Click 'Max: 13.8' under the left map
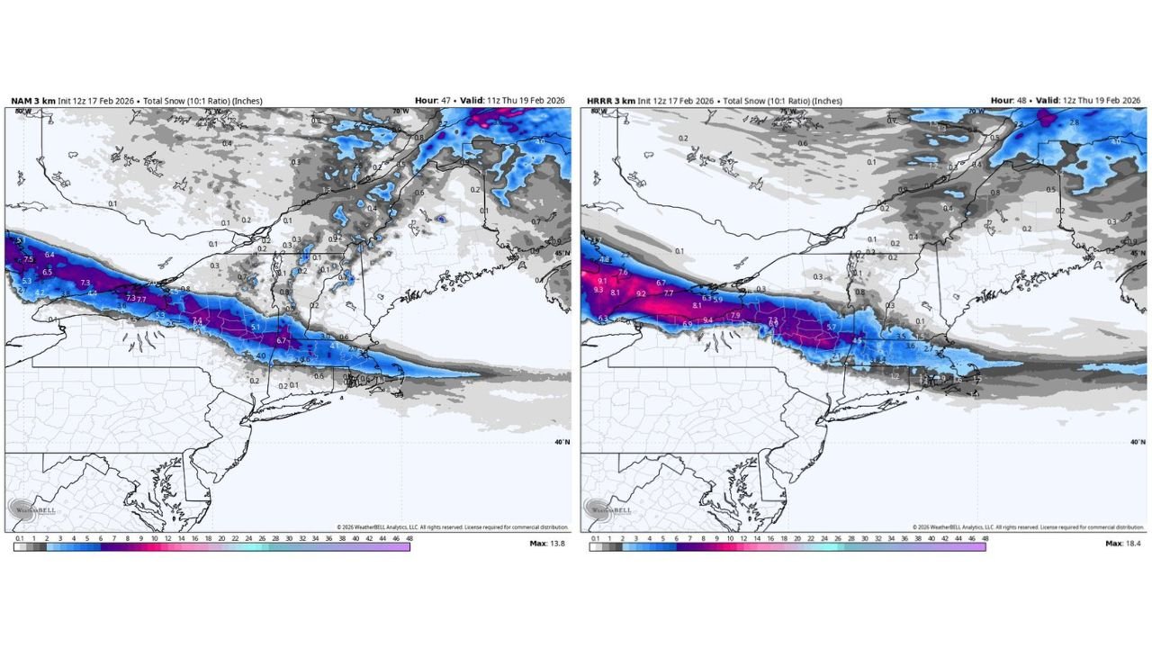(x=548, y=544)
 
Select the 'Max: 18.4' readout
(x=1124, y=544)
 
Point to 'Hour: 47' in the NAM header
(x=432, y=101)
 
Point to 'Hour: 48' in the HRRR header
(x=1008, y=101)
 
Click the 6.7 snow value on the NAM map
(x=281, y=341)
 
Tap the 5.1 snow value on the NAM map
(x=256, y=327)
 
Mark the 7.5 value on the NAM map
(x=28, y=259)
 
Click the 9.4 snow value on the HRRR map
(x=708, y=319)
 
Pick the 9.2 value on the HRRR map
(x=641, y=293)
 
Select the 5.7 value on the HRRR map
(x=832, y=327)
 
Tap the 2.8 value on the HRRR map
(x=1074, y=121)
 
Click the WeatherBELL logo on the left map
(x=31, y=509)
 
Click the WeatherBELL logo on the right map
(x=607, y=509)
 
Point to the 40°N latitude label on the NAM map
(x=560, y=442)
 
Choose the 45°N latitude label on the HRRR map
(x=1137, y=254)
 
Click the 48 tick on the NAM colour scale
(x=409, y=537)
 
